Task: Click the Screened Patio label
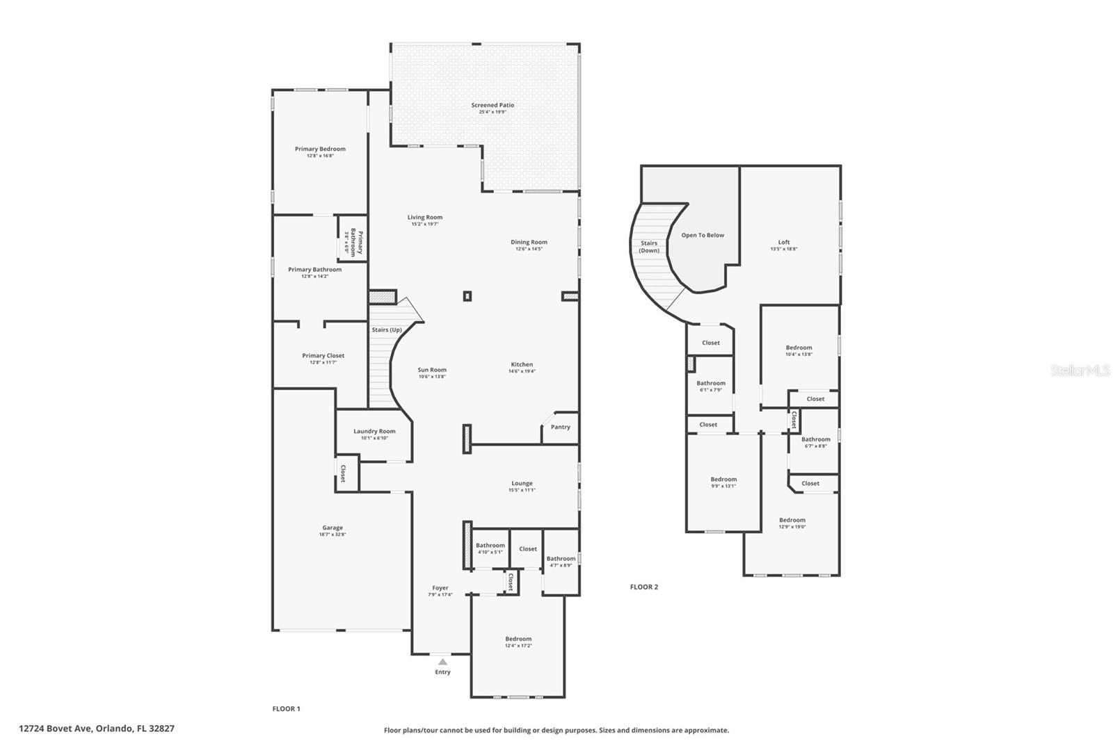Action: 493,105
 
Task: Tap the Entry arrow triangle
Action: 442,662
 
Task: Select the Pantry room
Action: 560,427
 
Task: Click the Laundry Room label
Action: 374,431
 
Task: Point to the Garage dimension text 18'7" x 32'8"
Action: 333,535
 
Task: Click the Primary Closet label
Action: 323,355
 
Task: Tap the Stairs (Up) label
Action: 386,329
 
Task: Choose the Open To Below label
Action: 703,235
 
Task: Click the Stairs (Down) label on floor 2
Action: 649,247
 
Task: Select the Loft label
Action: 784,242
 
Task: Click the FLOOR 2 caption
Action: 643,587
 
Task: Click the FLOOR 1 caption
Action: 286,709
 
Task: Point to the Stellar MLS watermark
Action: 1080,371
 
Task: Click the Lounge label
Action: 522,483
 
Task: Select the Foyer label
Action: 440,588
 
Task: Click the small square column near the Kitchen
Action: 467,296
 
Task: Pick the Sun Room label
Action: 432,370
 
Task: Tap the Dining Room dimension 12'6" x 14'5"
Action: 529,249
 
